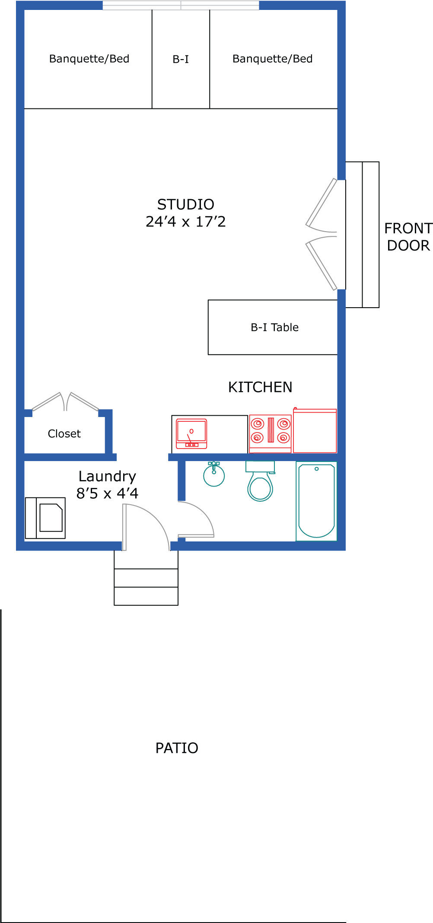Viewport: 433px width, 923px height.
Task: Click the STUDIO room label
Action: click(x=186, y=204)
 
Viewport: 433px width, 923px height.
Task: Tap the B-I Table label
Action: click(x=275, y=328)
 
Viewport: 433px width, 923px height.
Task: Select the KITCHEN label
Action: click(x=260, y=387)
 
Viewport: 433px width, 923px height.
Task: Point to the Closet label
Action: click(x=64, y=434)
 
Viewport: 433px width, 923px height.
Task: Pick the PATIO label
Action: click(x=177, y=748)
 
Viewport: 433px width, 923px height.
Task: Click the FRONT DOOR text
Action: click(x=408, y=237)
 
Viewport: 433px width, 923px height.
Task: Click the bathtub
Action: click(x=316, y=501)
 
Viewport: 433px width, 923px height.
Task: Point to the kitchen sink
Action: click(x=191, y=434)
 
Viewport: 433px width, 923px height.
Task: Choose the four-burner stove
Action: click(x=271, y=434)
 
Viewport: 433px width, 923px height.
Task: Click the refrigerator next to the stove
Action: click(x=315, y=430)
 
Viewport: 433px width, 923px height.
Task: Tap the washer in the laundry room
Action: click(x=45, y=518)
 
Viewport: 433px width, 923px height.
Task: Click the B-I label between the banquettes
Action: click(x=181, y=60)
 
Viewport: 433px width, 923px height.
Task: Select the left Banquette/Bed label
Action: click(x=89, y=59)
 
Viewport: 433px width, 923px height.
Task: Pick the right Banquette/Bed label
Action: click(x=273, y=59)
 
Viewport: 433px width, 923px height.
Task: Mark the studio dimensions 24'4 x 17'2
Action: click(x=186, y=222)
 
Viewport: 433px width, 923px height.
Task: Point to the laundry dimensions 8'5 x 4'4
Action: click(x=107, y=493)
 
